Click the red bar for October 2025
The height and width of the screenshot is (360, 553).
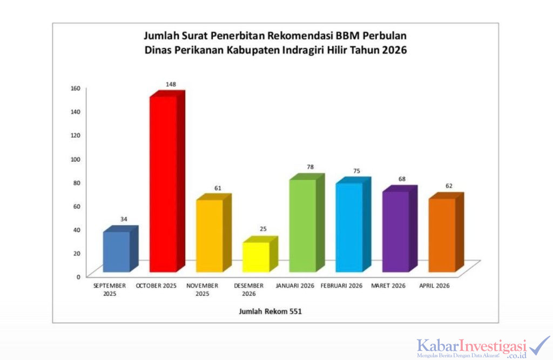tap(163, 184)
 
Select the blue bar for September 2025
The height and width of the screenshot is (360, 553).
tap(117, 252)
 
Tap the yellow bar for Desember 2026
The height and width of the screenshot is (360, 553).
tap(256, 257)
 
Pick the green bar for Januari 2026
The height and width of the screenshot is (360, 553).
tap(302, 225)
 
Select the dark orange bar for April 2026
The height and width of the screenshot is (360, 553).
tap(442, 235)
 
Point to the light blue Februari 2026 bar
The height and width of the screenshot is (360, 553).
tap(349, 227)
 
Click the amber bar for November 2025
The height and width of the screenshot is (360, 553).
tap(210, 235)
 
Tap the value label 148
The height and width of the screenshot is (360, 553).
tap(171, 84)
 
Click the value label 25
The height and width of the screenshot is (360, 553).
tap(263, 229)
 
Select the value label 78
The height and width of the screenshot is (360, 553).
tap(310, 167)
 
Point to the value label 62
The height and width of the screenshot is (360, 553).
tap(449, 186)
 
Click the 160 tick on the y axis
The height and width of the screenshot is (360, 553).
tap(76, 88)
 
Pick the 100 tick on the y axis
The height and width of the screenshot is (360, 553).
tap(76, 159)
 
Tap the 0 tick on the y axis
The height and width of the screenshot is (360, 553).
tap(79, 276)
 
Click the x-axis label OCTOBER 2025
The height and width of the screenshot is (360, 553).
tap(156, 286)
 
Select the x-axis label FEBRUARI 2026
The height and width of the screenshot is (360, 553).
tap(341, 286)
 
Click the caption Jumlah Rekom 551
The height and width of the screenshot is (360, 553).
tap(267, 311)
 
